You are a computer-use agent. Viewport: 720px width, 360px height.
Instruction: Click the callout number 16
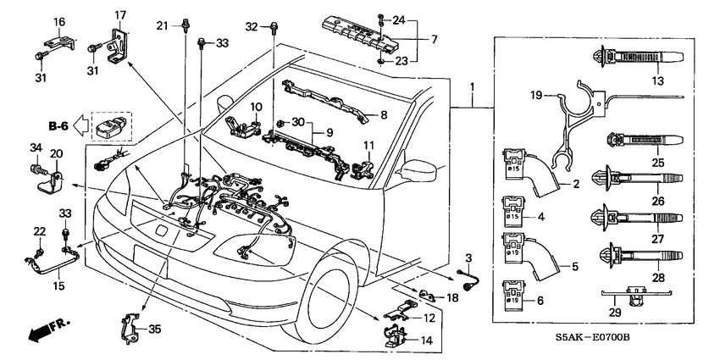pos(59,20)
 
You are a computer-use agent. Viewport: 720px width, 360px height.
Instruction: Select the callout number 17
pos(119,14)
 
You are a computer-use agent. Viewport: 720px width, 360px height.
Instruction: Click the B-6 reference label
pos(59,126)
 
